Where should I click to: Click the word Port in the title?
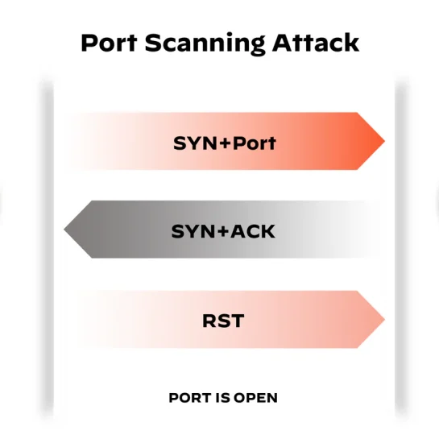pos(109,43)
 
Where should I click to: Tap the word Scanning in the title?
pos(205,44)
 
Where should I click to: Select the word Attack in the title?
pos(316,43)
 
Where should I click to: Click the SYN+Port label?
pos(225,143)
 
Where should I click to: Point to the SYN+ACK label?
pos(223,231)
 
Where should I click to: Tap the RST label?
pos(223,321)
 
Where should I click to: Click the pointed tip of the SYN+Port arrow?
pos(385,141)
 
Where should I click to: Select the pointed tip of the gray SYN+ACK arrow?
pos(64,230)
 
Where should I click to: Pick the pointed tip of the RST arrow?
pos(385,320)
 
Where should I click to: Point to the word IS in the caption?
pos(223,398)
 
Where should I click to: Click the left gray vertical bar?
pos(48,246)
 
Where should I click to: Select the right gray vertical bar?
pos(400,246)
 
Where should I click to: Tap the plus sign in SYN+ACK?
pos(223,231)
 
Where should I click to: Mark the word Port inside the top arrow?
pos(255,143)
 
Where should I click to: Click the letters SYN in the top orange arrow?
pos(196,143)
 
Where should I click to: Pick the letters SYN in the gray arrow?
pos(194,231)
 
